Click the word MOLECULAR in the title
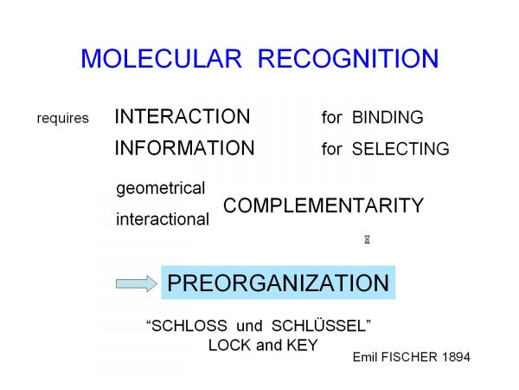click(162, 59)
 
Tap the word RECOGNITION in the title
click(349, 59)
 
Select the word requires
click(63, 119)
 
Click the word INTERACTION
click(183, 116)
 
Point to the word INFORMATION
click(185, 148)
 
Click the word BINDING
click(388, 117)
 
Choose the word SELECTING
click(400, 148)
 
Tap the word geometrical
click(161, 189)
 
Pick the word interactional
click(163, 219)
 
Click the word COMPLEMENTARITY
click(324, 205)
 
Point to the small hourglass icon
click(367, 239)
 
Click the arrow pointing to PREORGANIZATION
click(137, 284)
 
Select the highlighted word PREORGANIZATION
click(278, 283)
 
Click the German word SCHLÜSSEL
click(318, 325)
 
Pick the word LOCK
click(229, 345)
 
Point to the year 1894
click(456, 357)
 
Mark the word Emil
click(365, 357)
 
